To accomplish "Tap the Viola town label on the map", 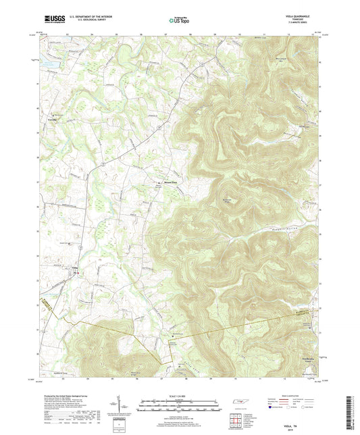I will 76,267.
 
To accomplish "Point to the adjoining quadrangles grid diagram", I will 236,421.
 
